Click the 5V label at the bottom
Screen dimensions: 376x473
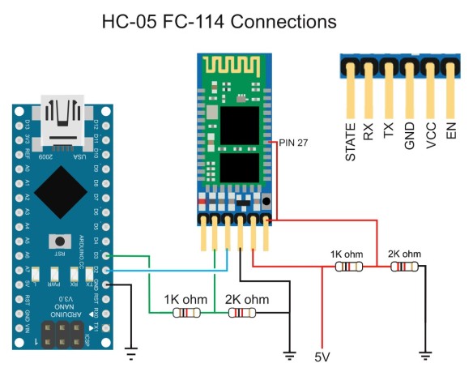coord(323,357)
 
